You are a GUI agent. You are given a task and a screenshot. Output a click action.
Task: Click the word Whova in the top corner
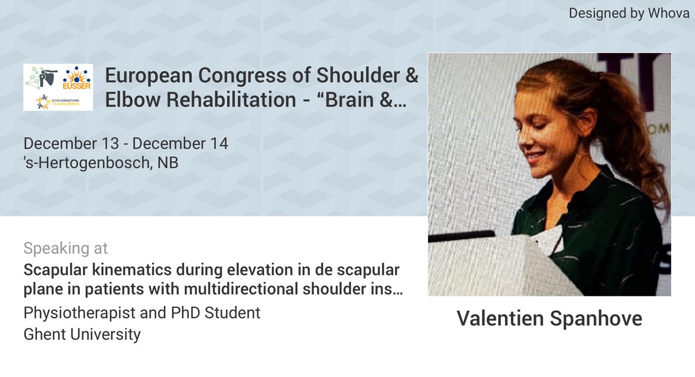pos(670,13)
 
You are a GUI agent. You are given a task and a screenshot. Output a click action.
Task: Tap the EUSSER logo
pos(78,78)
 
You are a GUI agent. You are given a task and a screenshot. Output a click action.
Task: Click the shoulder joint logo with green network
pos(41,78)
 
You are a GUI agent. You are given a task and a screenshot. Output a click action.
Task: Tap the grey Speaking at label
pos(65,248)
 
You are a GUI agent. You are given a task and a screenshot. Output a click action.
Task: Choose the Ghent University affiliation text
pos(82,334)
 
